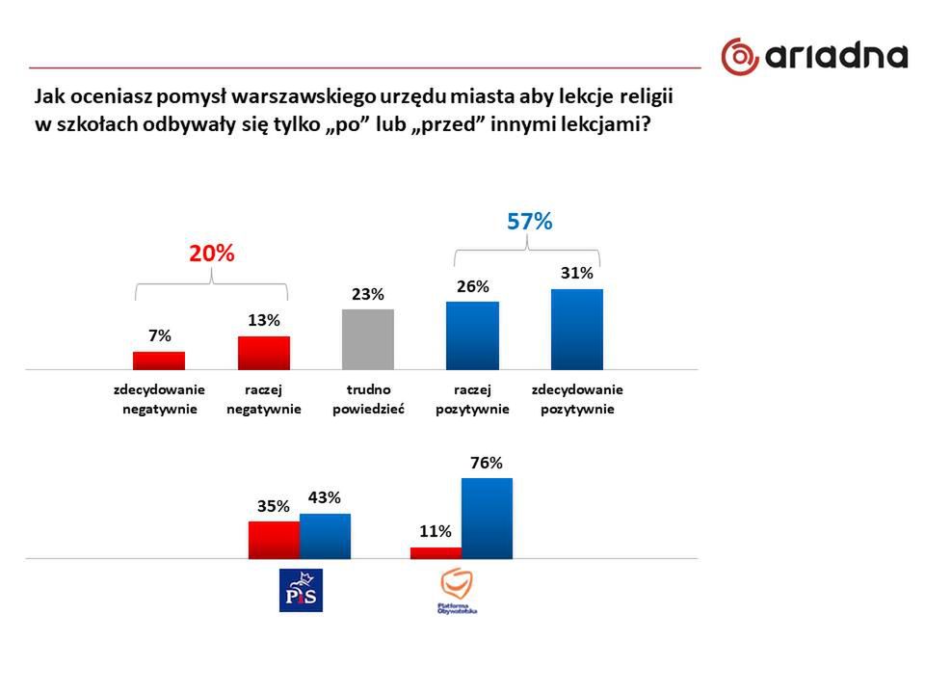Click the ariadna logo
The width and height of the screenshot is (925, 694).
(814, 56)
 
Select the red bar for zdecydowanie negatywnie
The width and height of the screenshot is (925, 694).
(159, 360)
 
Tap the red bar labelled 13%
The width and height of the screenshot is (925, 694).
(264, 353)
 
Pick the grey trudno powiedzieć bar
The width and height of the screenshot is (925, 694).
(368, 339)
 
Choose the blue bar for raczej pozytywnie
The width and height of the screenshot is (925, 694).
(472, 335)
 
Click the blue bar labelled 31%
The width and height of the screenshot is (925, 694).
(577, 330)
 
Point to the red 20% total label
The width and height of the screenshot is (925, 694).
(211, 254)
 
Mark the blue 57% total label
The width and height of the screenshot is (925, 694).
(529, 222)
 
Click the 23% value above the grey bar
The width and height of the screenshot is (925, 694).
(368, 294)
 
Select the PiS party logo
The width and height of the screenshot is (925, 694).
(300, 590)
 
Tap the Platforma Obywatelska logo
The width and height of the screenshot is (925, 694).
(457, 591)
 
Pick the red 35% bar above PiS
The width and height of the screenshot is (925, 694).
(274, 540)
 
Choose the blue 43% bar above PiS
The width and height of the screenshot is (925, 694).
(325, 536)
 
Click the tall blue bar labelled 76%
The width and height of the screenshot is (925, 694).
(487, 519)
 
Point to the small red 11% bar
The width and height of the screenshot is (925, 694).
(436, 552)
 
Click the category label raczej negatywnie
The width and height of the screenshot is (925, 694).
(264, 399)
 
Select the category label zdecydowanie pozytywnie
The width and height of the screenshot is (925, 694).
(577, 399)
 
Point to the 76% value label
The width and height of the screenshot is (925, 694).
(487, 463)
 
